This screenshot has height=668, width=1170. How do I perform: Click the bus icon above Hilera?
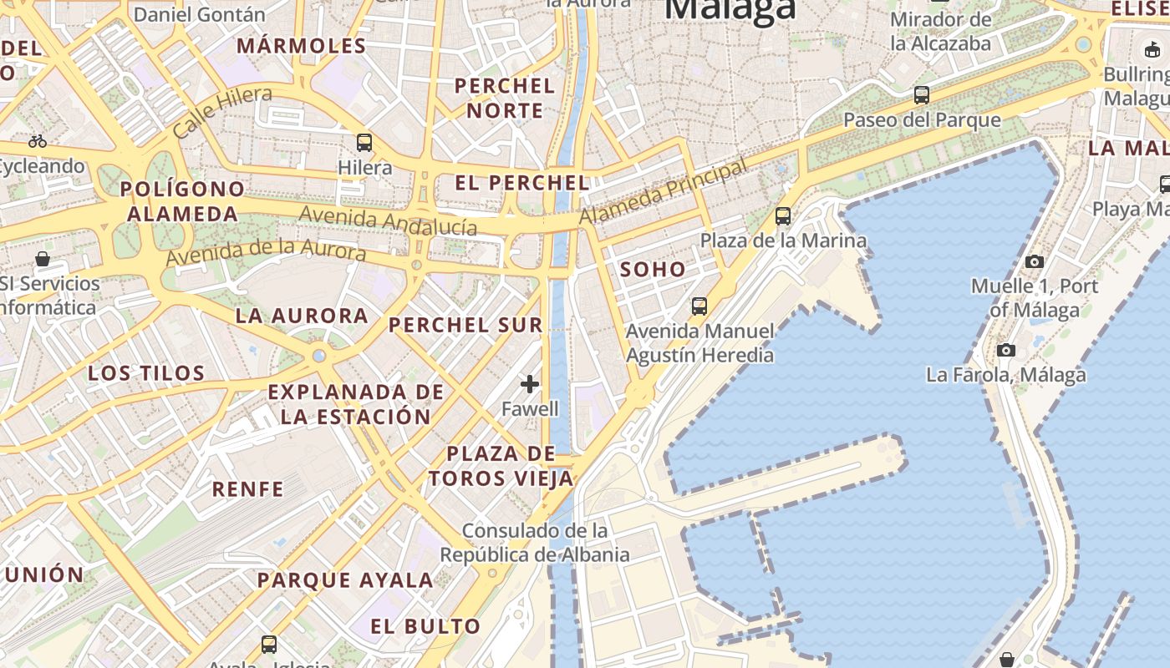pyautogui.click(x=364, y=142)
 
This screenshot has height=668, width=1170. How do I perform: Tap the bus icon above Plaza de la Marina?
pyautogui.click(x=783, y=216)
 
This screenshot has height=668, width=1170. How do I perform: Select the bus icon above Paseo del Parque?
pyautogui.click(x=922, y=95)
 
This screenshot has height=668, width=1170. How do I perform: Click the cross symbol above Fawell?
pyautogui.click(x=530, y=384)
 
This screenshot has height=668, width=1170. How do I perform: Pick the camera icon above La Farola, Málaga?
pyautogui.click(x=1006, y=350)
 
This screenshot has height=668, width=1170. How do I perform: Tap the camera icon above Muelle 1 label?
pyautogui.click(x=1035, y=261)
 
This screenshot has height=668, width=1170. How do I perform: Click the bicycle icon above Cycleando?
pyautogui.click(x=38, y=141)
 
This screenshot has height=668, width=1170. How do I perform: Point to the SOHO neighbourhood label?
pyautogui.click(x=653, y=270)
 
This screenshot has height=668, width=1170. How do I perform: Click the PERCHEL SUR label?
pyautogui.click(x=466, y=326)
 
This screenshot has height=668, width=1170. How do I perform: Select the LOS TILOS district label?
pyautogui.click(x=146, y=373)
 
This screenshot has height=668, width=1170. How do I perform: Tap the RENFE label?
pyautogui.click(x=247, y=489)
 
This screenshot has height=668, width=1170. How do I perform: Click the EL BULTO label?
pyautogui.click(x=426, y=626)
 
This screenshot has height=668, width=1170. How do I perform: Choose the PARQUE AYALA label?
pyautogui.click(x=345, y=580)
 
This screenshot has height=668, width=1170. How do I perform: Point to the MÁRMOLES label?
pyautogui.click(x=302, y=46)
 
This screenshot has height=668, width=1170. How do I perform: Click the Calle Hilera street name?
pyautogui.click(x=222, y=113)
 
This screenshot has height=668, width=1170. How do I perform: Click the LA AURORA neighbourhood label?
pyautogui.click(x=302, y=316)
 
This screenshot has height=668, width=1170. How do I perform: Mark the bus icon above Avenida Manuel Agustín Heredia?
pyautogui.click(x=699, y=306)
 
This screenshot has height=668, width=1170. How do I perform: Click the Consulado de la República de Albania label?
pyautogui.click(x=535, y=543)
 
